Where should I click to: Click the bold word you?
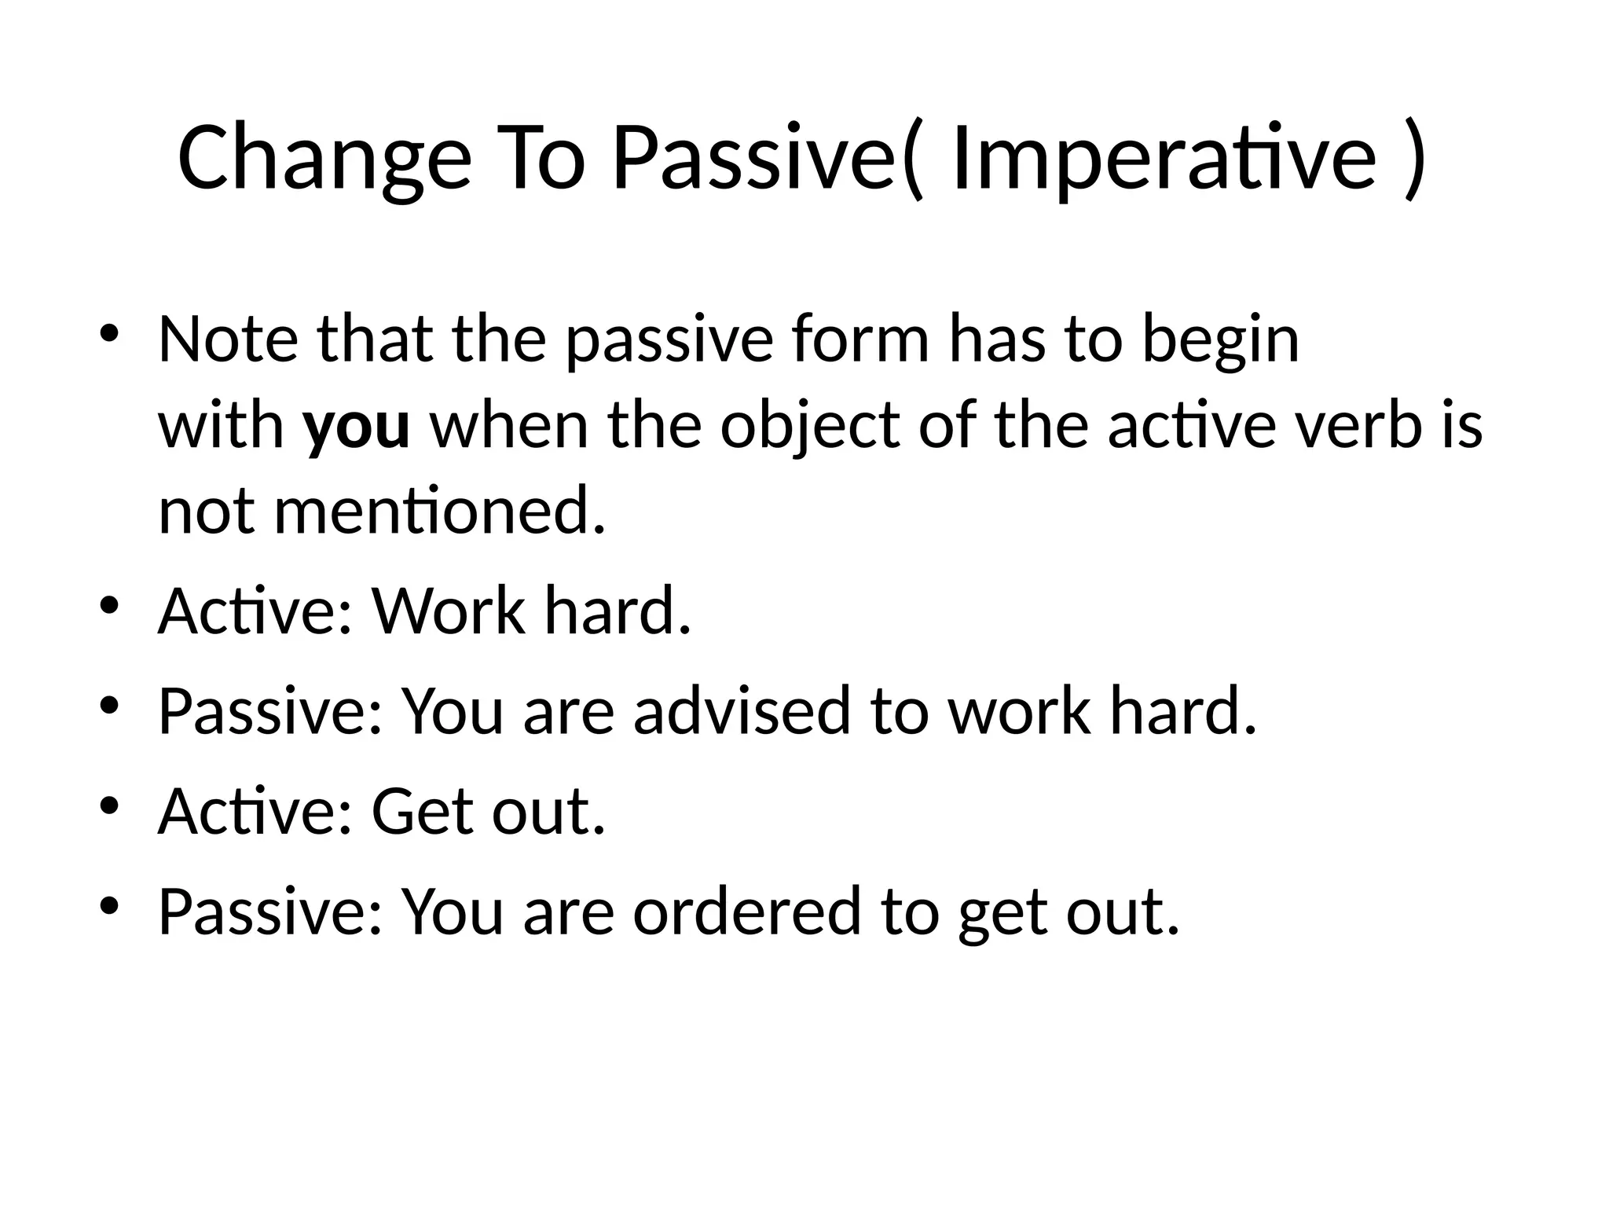pyautogui.click(x=357, y=427)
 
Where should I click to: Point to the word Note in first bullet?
pyautogui.click(x=228, y=339)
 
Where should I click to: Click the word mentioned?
pyautogui.click(x=440, y=512)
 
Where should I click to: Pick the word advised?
pyautogui.click(x=742, y=710)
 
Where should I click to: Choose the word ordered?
pyautogui.click(x=746, y=911)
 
